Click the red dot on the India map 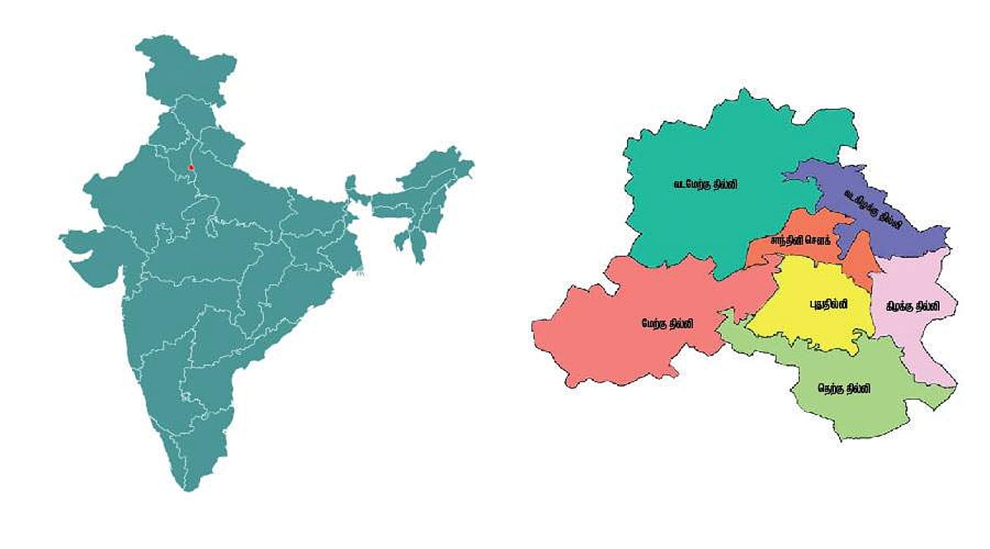191,167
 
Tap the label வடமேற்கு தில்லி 705,185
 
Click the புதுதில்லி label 827,303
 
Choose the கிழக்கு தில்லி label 912,305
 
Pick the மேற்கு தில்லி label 668,324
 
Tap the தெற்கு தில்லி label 844,387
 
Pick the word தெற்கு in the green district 832,387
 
